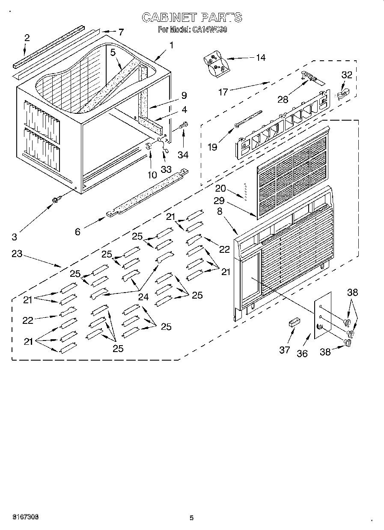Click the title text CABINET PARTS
pos(191,17)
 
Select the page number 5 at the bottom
pos(191,518)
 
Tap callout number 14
pos(260,58)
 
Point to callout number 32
pos(346,75)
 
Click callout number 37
pos(285,350)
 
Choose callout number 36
pos(302,354)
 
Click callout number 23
pos(17,254)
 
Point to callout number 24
pos(143,297)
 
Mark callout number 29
pos(220,201)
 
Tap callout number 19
pos(212,147)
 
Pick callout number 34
pos(184,154)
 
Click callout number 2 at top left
pos(27,38)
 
